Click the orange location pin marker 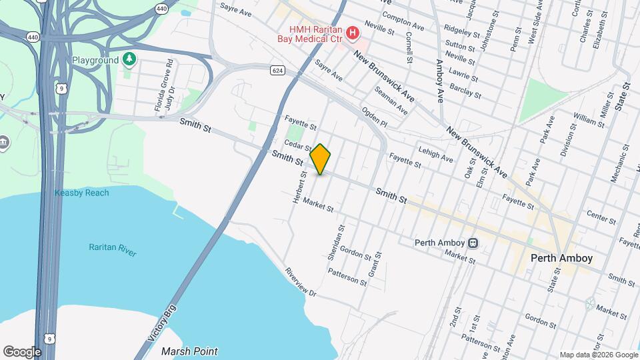pyautogui.click(x=321, y=159)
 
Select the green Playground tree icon pyautogui.click(x=129, y=60)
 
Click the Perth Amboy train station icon pyautogui.click(x=473, y=243)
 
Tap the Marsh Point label pyautogui.click(x=190, y=351)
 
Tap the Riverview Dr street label pyautogui.click(x=299, y=283)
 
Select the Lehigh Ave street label pyautogui.click(x=436, y=155)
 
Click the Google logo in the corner pyautogui.click(x=22, y=351)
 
